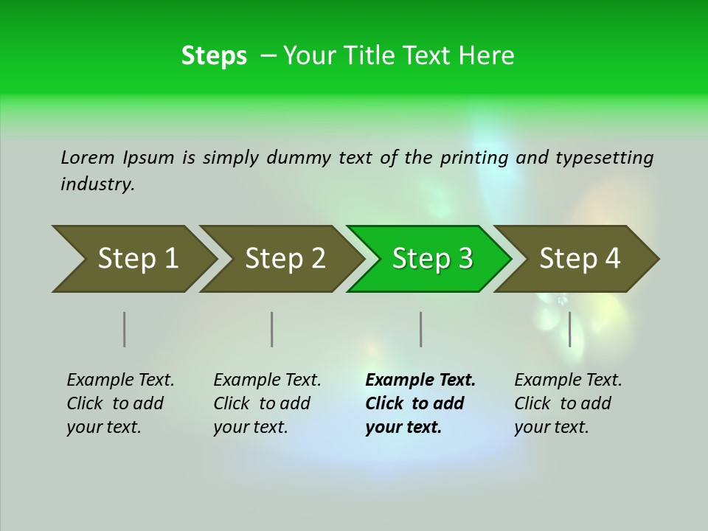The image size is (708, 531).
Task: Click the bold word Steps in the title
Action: pos(214,55)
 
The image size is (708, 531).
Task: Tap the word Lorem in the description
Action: pos(88,157)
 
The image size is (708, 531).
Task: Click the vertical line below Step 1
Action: pos(125,329)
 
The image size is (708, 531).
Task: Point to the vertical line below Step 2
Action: pos(272,329)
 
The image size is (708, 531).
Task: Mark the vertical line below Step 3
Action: pos(420,329)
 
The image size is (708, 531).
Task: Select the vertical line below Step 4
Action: pos(569,329)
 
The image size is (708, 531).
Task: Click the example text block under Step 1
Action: pos(120,403)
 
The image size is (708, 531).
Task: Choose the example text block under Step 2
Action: pos(267,403)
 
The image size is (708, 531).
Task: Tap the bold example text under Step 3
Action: pos(420,403)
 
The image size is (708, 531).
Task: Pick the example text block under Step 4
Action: pos(568,403)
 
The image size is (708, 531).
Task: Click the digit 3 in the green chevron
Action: pos(465,258)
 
